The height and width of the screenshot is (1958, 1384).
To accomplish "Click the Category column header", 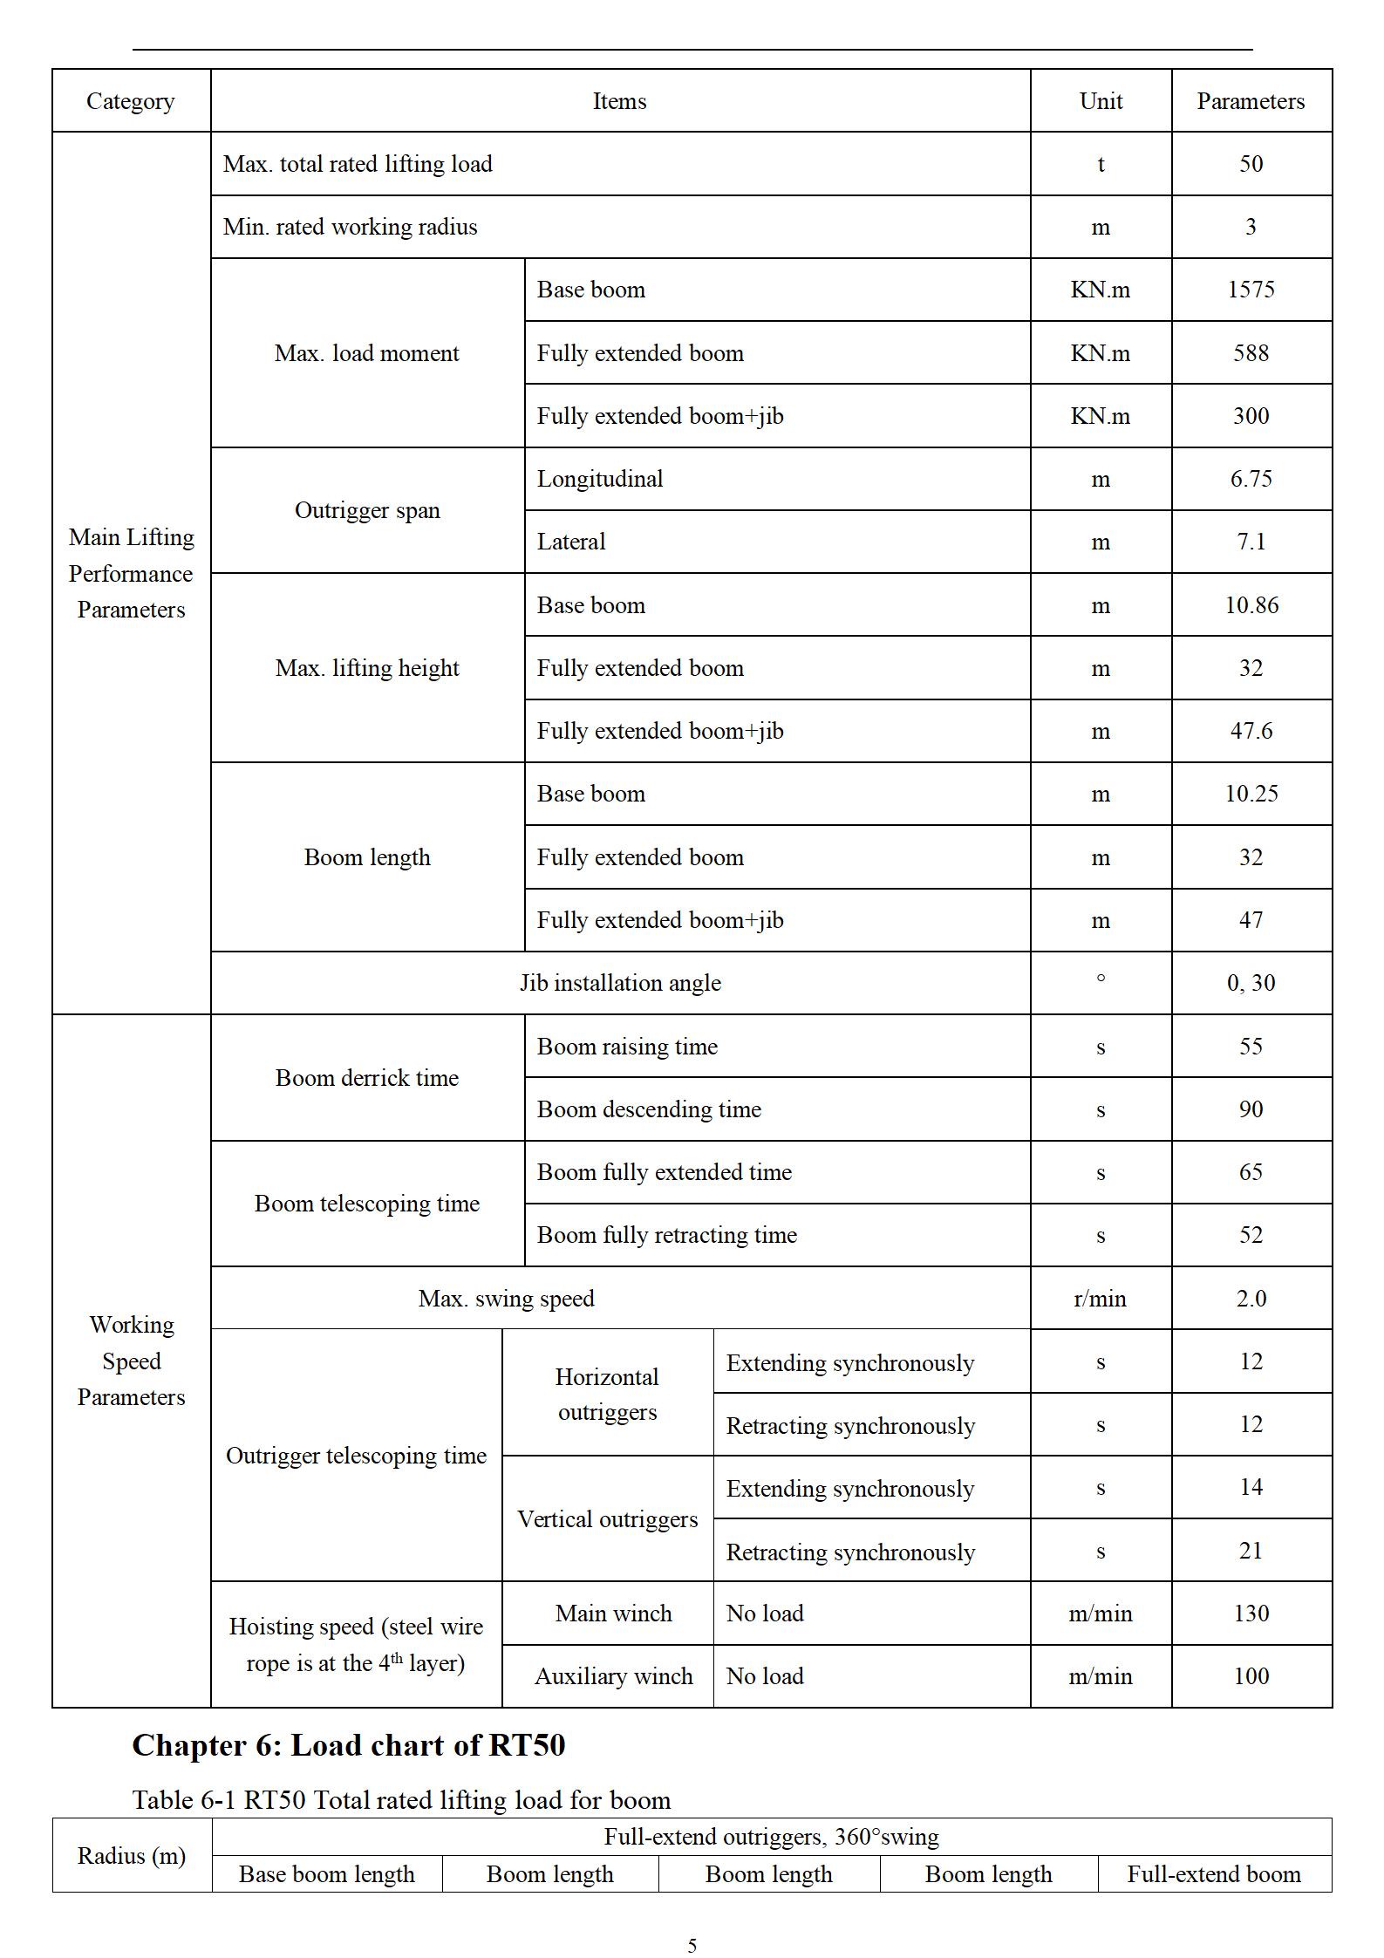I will coord(131,101).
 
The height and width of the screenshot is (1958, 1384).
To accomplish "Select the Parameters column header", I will coord(1251,101).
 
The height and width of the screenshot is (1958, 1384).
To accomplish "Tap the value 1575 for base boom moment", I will coord(1251,290).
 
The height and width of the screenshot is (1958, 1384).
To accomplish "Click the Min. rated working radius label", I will coord(350,227).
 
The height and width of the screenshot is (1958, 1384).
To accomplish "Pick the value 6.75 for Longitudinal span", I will coord(1251,479).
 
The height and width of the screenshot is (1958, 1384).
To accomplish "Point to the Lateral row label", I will coord(570,542).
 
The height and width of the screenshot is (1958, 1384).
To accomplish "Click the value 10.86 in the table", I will coord(1251,605).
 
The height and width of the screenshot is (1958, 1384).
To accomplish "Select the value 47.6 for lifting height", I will coord(1251,731).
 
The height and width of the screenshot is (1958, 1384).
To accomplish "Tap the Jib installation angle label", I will coord(620,983).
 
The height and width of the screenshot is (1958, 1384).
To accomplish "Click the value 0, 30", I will coord(1251,983).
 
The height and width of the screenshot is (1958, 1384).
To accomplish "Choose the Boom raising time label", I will coord(627,1047).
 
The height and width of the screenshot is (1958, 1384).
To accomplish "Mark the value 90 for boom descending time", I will coord(1251,1109).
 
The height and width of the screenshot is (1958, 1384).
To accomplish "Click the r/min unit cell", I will coord(1100,1299).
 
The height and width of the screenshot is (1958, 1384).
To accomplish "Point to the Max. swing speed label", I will coord(506,1299).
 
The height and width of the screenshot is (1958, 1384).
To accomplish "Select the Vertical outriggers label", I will coord(607,1519).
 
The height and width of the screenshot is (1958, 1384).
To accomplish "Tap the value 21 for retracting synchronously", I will coord(1251,1551).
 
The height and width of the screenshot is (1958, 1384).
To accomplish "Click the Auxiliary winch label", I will coord(613,1676).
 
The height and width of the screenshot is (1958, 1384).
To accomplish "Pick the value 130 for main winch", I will coord(1251,1613).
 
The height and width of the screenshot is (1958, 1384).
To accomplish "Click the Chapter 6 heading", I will coord(349,1745).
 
